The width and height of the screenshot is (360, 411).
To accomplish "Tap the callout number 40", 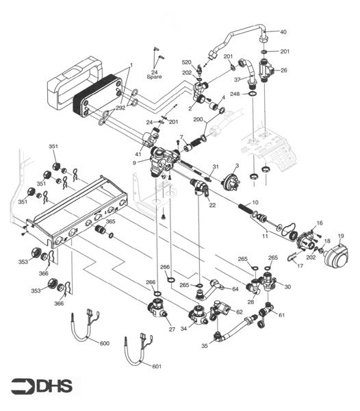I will point(283,32).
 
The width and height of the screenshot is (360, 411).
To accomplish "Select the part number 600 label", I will point(104,342).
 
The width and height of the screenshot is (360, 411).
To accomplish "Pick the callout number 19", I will point(341,236).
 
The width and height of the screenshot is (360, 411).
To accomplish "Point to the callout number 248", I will point(234,93).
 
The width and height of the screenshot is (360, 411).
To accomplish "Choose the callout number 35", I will point(204,347).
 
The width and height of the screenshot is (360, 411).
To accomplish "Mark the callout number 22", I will point(212,205).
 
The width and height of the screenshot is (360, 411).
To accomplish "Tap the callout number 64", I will point(235,289).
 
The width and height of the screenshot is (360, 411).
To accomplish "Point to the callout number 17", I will point(298,266).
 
